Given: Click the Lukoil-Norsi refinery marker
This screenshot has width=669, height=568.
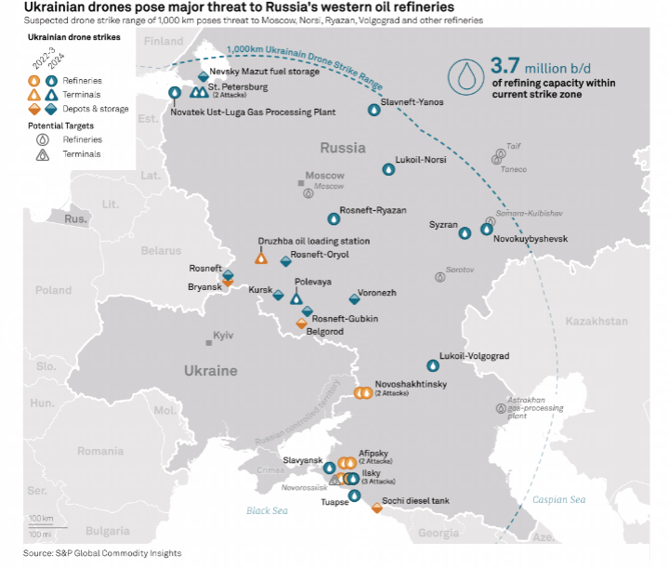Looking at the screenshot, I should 388,169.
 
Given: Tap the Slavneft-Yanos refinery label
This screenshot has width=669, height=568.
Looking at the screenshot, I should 413,101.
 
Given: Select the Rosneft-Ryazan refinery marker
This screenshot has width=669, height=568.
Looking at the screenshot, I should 334,219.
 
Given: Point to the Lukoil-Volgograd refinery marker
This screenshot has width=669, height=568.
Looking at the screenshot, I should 431,365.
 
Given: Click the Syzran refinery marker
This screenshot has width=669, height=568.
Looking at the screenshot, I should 465,232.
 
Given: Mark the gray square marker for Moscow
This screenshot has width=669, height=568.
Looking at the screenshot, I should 301,183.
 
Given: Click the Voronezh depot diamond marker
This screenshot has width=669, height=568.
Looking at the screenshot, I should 353,299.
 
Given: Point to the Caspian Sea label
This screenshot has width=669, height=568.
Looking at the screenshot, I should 558,500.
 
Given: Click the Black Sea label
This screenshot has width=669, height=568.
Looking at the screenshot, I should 268,510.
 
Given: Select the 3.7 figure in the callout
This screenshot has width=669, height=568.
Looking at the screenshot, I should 505,66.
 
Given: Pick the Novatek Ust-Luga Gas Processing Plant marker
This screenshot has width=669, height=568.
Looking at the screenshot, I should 176,92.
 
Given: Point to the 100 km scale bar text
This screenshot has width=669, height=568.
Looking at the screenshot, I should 40,518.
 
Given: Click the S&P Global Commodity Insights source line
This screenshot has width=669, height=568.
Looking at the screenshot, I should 102,553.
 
